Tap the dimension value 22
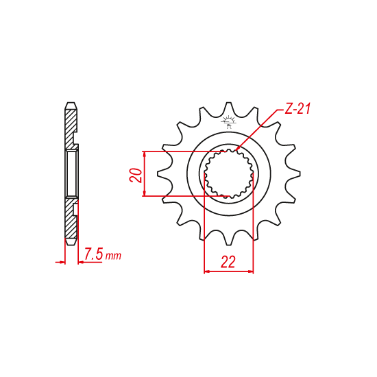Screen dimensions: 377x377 tap(229, 260)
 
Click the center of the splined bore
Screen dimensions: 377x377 tap(230, 173)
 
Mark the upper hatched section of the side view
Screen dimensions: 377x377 tap(70, 127)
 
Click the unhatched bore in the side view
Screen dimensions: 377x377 tap(71, 173)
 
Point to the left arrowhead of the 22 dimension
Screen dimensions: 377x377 tap(208, 271)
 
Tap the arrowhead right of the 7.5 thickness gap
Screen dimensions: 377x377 tap(80, 261)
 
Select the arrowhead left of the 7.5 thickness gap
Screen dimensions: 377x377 tap(60, 261)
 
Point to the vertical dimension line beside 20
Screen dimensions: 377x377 tap(145, 173)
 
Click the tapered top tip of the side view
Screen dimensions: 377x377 tap(70, 106)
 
